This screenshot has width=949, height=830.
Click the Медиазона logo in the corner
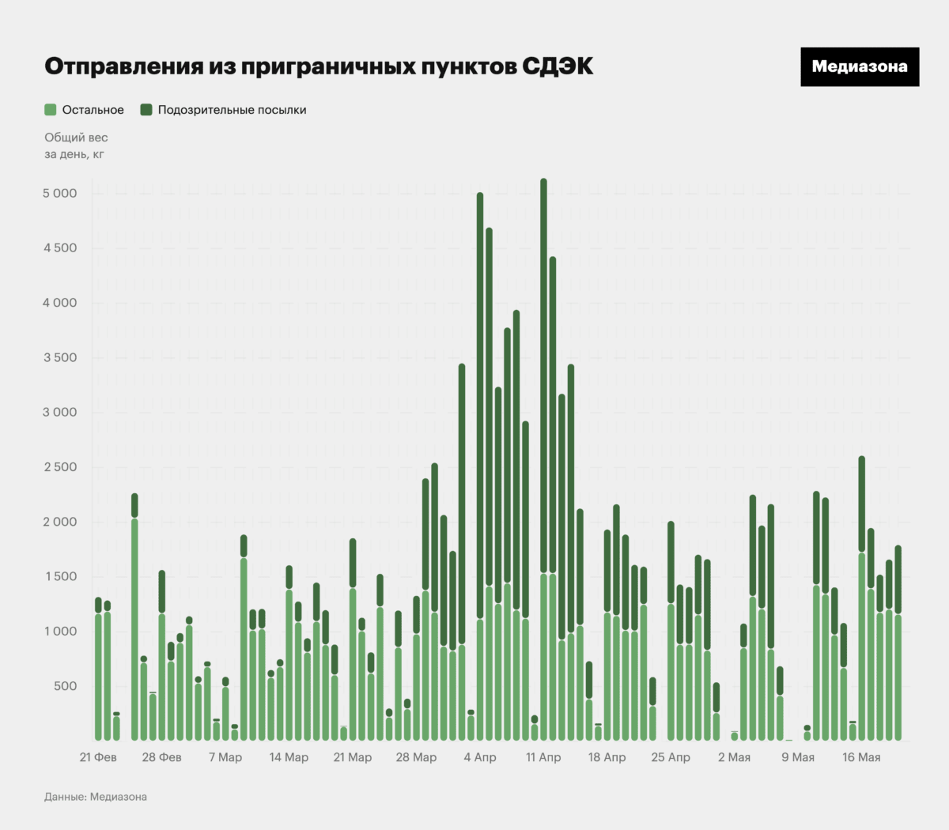tap(860, 67)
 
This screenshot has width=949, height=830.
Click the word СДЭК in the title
tap(557, 66)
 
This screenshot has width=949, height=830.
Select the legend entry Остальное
tap(85, 110)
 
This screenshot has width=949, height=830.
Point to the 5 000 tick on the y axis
tap(60, 194)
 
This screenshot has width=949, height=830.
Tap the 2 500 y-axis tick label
tap(60, 467)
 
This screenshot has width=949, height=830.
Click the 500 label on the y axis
tap(66, 686)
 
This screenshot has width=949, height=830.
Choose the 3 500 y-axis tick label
tap(60, 358)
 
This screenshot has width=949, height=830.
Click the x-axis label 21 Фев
tap(98, 757)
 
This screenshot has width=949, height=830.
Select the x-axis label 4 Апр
tap(480, 757)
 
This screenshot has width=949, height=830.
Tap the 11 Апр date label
tap(543, 757)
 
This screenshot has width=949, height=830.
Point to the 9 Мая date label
tap(798, 757)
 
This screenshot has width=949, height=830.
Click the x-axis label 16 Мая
tap(861, 757)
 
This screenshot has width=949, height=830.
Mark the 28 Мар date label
tap(416, 757)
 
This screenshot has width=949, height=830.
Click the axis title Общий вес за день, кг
tap(76, 145)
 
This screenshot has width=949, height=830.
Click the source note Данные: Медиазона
tap(96, 797)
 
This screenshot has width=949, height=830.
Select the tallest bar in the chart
tap(543, 458)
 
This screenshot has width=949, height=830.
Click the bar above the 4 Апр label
tap(480, 466)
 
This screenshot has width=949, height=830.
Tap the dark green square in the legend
tap(146, 110)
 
